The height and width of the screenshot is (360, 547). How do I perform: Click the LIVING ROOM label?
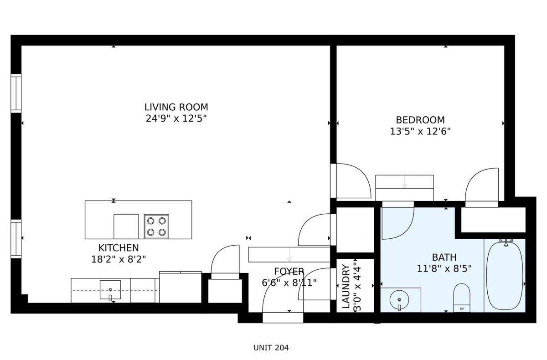click(176, 107)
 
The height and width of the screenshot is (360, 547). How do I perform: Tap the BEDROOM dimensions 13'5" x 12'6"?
click(420, 132)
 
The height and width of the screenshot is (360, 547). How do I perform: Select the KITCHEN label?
click(119, 248)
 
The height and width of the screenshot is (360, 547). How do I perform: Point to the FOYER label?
click(289, 272)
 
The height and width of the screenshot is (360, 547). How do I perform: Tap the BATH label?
click(444, 257)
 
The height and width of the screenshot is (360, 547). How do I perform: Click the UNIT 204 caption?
click(271, 348)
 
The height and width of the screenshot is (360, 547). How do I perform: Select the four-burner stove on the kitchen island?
click(156, 226)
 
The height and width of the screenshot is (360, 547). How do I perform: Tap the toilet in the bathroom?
click(462, 298)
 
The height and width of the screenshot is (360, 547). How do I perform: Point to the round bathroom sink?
click(399, 300)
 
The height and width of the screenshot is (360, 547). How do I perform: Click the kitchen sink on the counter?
click(110, 290)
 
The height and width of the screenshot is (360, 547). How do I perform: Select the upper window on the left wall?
click(16, 93)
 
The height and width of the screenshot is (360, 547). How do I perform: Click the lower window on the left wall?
click(16, 239)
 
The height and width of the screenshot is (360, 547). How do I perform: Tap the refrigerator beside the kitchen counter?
click(181, 287)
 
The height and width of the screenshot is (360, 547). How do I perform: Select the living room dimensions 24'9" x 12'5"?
click(176, 118)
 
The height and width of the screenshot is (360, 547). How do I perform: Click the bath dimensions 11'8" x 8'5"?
click(444, 269)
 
